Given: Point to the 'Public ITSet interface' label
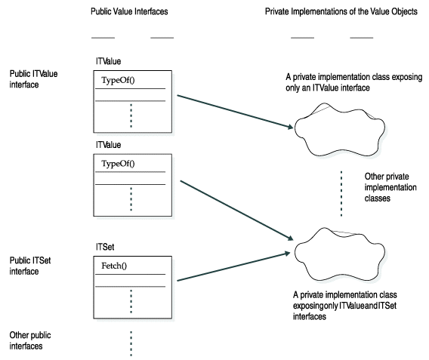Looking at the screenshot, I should pyautogui.click(x=30, y=265).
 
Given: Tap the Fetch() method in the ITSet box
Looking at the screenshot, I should pyautogui.click(x=114, y=266).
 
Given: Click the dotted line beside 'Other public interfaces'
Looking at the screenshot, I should pyautogui.click(x=131, y=342).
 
